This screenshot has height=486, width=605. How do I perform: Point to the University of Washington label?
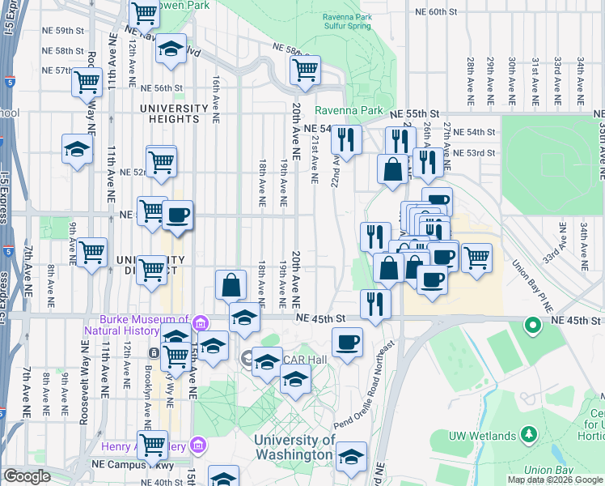coord(294,447)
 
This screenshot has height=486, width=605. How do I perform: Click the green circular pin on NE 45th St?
coord(532,326)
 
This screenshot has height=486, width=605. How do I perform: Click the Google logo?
coord(27,477)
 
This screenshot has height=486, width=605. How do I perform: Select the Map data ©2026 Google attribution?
coord(555,480)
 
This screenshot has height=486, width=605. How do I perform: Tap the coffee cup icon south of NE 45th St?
coord(348,341)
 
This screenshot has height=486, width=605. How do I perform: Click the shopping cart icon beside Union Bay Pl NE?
coord(476,258)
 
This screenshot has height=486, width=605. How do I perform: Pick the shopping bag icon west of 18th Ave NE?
coord(231,284)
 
